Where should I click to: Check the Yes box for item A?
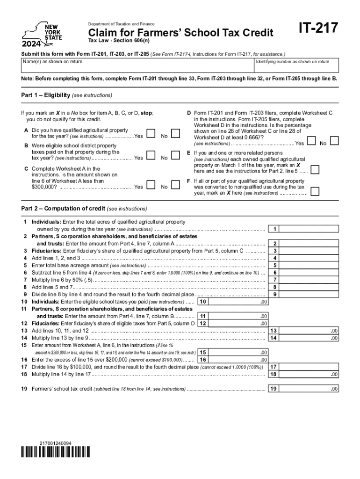[151, 134]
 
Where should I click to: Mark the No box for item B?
[175, 156]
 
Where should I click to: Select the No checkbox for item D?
[335, 141]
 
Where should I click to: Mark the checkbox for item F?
[316, 191]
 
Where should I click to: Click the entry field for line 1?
[311, 229]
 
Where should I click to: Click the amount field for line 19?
[311, 389]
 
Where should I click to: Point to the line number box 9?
[275, 294]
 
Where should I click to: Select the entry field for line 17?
[311, 367]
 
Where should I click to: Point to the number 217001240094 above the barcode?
[56, 443]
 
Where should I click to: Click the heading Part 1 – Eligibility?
[67, 95]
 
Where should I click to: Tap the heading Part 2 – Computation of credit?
[84, 208]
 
